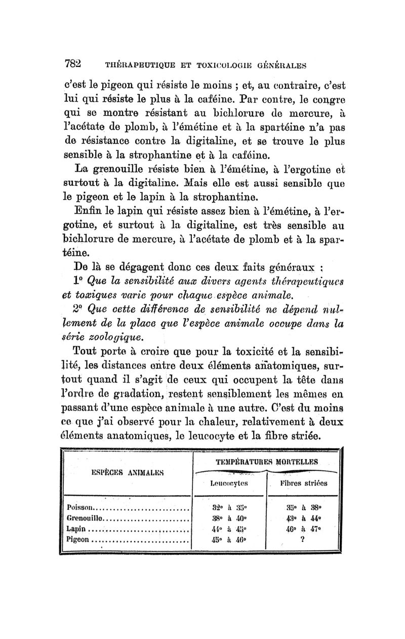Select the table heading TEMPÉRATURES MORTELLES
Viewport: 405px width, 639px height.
pos(267,462)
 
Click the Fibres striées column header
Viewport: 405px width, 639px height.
pos(306,483)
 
